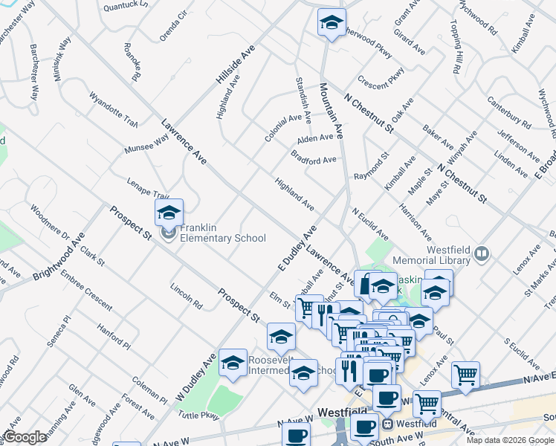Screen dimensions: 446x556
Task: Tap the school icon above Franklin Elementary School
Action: [x=169, y=213]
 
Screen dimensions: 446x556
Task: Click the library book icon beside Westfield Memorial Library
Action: [x=482, y=255]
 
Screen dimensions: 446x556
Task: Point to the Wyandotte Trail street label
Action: [x=113, y=109]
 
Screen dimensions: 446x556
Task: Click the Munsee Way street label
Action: [x=146, y=141]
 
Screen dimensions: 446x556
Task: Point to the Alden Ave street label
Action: [x=315, y=138]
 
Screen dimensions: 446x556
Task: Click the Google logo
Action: [x=25, y=438]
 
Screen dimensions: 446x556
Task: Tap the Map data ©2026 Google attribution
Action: [x=510, y=440]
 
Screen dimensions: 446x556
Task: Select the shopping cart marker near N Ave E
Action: [x=465, y=376]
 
